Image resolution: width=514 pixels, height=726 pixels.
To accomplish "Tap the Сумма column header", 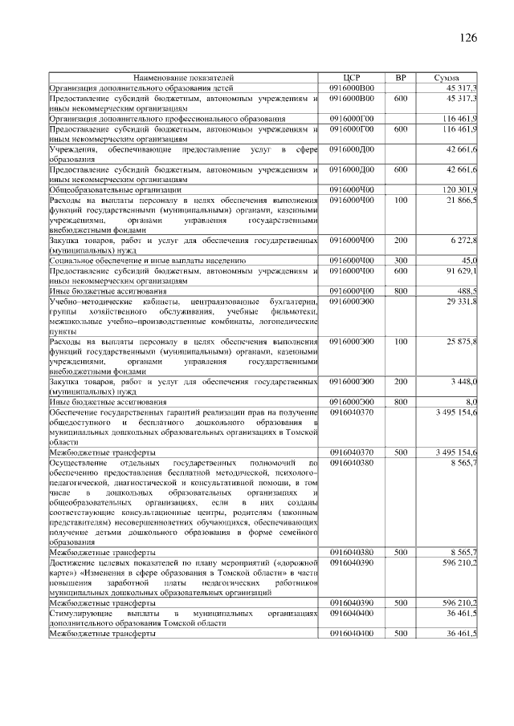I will pos(447,78).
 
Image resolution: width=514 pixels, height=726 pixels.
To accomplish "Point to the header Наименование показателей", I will pos(184,78).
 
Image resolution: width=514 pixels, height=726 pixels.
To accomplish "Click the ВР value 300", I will pos(401,261).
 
